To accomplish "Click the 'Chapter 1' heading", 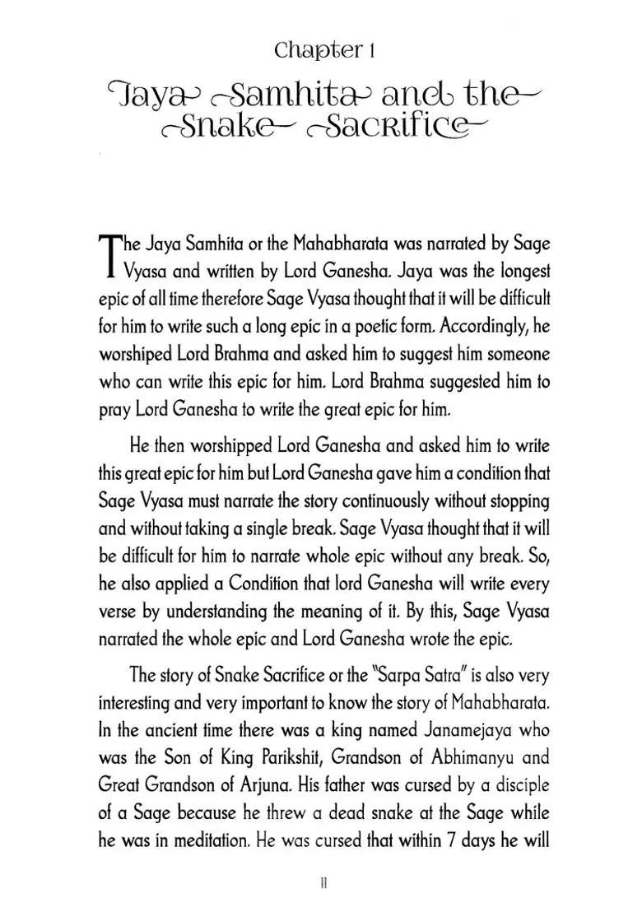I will [x=324, y=51].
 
